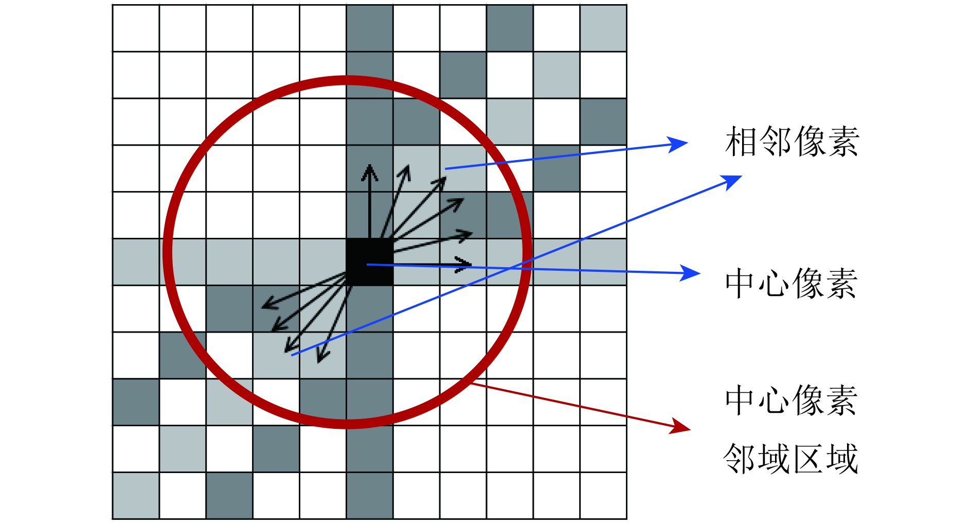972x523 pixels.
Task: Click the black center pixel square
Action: pos(369,261)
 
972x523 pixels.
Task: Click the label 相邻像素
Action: pos(792,142)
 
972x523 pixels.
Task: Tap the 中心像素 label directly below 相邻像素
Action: pos(791,283)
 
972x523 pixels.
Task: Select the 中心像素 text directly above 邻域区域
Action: pos(791,400)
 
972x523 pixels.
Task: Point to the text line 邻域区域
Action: pos(791,459)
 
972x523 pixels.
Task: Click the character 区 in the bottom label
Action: pos(808,459)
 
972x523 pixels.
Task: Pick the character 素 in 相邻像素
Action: pos(843,142)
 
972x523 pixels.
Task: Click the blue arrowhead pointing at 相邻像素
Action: pos(680,144)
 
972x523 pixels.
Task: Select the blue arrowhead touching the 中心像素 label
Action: pos(692,273)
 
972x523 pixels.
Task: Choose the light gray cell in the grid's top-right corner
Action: pos(603,28)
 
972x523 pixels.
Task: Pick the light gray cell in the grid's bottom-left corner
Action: pos(136,495)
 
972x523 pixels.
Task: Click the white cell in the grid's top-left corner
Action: pos(136,28)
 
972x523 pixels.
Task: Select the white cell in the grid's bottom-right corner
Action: pos(603,495)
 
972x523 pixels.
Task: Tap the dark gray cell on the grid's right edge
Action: pos(603,122)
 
